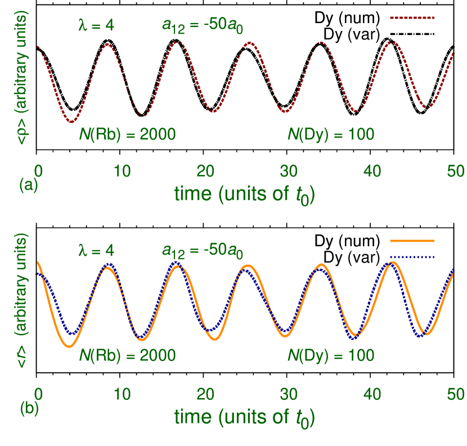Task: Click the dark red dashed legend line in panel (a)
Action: (x=412, y=19)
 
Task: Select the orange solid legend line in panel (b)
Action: (x=412, y=240)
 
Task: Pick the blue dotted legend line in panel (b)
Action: (x=412, y=257)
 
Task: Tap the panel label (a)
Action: (x=28, y=185)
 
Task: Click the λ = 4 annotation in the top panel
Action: (x=96, y=26)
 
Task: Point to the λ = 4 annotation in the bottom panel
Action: (x=96, y=250)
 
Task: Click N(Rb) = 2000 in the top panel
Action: (x=127, y=135)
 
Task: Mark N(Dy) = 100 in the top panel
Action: (x=331, y=135)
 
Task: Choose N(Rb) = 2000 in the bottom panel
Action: (x=127, y=356)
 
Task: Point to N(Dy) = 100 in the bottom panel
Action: (x=331, y=356)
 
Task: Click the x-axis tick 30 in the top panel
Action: (x=289, y=171)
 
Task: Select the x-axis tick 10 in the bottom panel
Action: (x=122, y=394)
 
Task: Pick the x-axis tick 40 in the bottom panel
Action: (x=372, y=394)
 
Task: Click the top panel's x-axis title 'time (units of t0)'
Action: (x=244, y=195)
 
